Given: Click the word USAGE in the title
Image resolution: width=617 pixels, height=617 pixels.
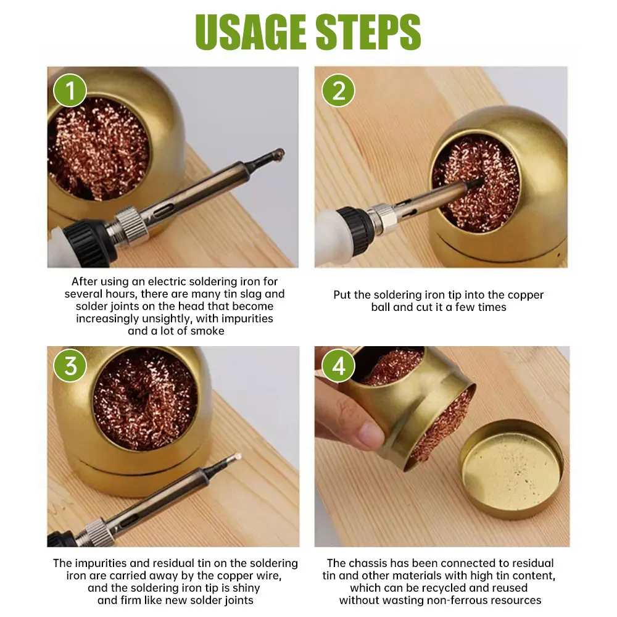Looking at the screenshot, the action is [251, 31].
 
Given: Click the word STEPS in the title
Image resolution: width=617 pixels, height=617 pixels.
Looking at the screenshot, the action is [368, 31].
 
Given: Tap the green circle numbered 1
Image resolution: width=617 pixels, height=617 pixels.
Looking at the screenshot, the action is [70, 91].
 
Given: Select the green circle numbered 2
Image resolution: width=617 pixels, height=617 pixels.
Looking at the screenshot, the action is [338, 91].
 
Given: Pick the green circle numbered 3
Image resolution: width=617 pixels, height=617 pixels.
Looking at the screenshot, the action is [70, 366].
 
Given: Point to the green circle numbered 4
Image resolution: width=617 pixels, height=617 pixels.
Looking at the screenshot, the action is [338, 366].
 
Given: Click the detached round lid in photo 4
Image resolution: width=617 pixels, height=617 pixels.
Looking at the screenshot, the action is [512, 469].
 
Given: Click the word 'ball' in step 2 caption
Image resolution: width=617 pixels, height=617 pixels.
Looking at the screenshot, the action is [381, 307].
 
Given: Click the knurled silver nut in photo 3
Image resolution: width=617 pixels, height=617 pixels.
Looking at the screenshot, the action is [94, 532].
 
